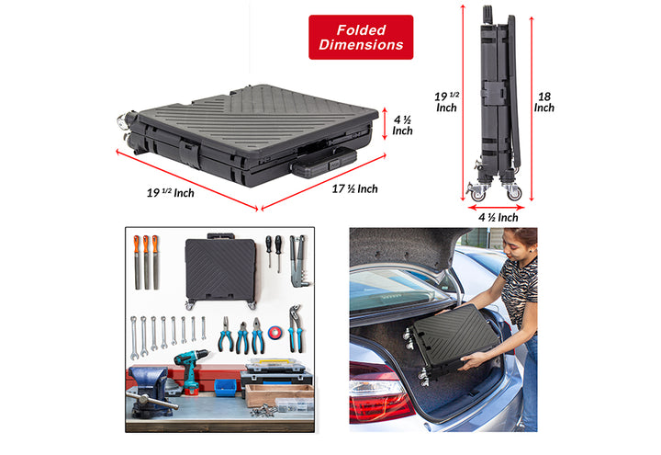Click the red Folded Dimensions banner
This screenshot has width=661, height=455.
point(361,37)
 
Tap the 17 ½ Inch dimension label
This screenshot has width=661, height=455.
point(354,188)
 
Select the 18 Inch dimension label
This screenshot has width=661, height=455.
point(544,102)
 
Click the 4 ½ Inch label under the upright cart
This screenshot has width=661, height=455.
point(499,217)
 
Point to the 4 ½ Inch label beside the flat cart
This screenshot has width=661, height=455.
point(403,125)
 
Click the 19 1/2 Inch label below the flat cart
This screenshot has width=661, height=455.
point(171,193)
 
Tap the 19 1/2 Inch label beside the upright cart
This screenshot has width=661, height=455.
point(447,102)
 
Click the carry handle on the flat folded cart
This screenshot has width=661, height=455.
point(324,162)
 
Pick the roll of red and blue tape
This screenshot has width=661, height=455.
point(275,333)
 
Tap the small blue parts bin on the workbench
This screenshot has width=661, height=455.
point(226,388)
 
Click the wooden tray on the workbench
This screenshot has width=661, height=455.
point(279,395)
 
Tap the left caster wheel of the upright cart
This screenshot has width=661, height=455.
point(477,194)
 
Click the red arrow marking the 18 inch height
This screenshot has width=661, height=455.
point(532,108)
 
